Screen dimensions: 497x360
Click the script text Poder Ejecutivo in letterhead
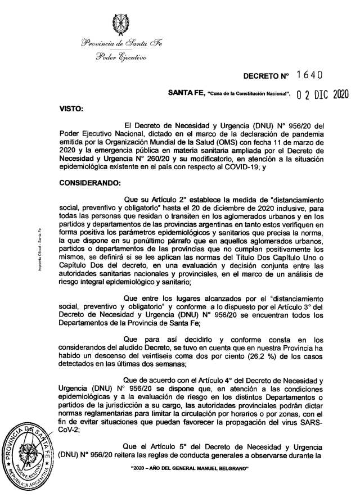pos(121,57)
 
